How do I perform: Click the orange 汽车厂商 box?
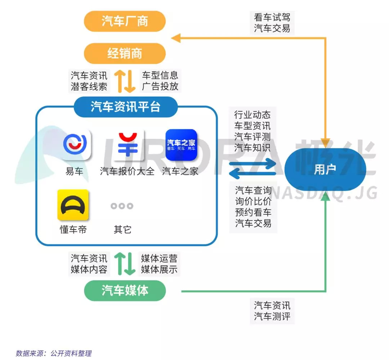(125, 22)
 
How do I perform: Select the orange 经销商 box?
(125, 54)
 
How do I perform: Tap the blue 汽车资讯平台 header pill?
(125, 107)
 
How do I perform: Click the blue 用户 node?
(325, 170)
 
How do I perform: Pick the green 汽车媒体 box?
(125, 291)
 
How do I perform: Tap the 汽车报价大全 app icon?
(128, 145)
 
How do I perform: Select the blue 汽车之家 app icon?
(181, 145)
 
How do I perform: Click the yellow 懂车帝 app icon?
(73, 205)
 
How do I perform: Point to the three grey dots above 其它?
(122, 206)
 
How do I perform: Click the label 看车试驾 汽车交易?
(272, 23)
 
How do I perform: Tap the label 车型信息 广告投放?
(160, 81)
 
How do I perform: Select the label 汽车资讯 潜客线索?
(89, 81)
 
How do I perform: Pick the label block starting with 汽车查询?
(253, 207)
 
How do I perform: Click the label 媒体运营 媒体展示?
(159, 264)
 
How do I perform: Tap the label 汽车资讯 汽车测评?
(272, 311)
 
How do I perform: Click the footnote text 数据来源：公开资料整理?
(54, 353)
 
